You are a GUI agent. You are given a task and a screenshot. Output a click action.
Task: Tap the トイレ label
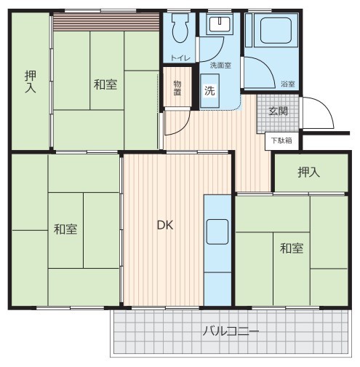180,58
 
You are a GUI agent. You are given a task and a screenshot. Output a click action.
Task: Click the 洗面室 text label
220,66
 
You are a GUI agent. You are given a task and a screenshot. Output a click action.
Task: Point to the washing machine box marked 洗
210,91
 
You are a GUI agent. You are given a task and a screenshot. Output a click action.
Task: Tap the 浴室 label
288,84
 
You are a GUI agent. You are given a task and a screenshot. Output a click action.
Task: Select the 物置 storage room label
177,88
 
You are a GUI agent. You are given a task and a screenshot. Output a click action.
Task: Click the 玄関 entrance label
278,111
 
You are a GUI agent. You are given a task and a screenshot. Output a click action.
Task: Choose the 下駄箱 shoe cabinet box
281,141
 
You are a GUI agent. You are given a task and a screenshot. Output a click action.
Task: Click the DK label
165,225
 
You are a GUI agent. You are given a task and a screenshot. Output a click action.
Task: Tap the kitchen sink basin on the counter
217,232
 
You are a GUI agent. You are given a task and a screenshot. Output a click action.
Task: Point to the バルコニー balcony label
231,331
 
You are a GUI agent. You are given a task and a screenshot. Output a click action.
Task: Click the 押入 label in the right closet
309,172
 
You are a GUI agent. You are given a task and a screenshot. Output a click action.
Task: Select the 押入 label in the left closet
31,82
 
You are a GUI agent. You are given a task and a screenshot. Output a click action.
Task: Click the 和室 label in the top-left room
105,84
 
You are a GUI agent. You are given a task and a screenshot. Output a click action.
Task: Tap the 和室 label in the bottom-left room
65,229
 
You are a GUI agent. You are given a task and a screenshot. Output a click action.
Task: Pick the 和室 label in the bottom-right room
292,248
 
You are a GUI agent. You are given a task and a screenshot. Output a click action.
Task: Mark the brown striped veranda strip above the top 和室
106,22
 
